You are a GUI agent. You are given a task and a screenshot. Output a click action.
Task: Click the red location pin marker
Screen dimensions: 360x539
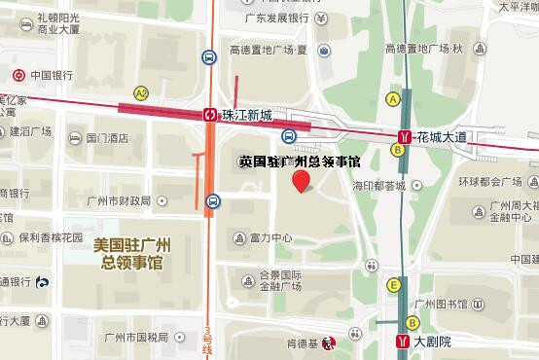(x=302, y=180)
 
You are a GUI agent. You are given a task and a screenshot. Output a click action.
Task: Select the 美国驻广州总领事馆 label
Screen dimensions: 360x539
(x=130, y=255)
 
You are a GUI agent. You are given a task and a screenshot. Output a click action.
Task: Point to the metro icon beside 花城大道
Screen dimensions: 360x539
(x=403, y=138)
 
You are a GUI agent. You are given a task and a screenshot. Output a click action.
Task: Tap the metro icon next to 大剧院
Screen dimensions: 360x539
(x=403, y=342)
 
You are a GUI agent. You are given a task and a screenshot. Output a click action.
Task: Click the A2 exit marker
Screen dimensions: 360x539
(x=141, y=93)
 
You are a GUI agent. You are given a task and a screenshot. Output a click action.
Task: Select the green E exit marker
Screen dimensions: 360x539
(x=393, y=285)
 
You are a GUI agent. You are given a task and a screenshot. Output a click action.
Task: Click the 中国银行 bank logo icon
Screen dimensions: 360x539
(x=18, y=75)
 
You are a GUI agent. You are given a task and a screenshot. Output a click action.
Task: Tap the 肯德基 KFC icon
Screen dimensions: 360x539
(x=329, y=342)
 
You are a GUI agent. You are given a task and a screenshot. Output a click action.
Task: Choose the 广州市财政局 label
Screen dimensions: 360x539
(x=123, y=201)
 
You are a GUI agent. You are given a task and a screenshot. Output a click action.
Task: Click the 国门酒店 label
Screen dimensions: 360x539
(x=107, y=138)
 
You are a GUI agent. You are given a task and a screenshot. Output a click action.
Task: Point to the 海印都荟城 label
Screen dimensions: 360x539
(x=378, y=185)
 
